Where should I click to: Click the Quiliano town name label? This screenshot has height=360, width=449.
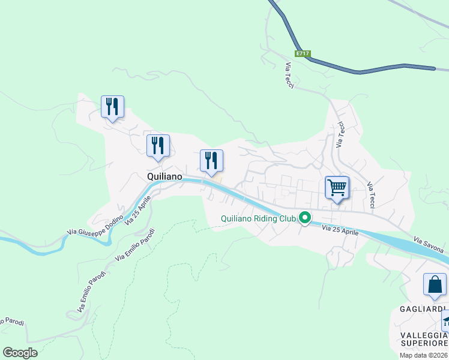pyautogui.click(x=164, y=176)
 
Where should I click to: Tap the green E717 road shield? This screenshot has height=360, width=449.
pyautogui.click(x=303, y=54)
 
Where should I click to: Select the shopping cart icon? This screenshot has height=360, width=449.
pyautogui.click(x=337, y=187)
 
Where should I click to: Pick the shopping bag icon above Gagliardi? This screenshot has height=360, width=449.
pyautogui.click(x=435, y=284)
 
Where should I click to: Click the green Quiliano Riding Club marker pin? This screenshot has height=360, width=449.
pyautogui.click(x=305, y=218)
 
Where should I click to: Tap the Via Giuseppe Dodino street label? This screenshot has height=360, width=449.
pyautogui.click(x=95, y=225)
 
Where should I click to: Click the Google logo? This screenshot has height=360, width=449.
pyautogui.click(x=20, y=353)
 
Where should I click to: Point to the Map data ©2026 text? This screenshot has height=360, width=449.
pyautogui.click(x=424, y=355)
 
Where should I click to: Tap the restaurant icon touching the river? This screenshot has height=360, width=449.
pyautogui.click(x=211, y=161)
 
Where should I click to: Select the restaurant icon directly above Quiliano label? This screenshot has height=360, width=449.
pyautogui.click(x=158, y=146)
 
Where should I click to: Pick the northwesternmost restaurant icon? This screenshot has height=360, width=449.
pyautogui.click(x=112, y=107)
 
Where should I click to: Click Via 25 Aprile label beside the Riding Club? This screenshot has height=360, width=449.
pyautogui.click(x=340, y=230)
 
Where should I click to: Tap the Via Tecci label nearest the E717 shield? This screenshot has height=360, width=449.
pyautogui.click(x=289, y=76)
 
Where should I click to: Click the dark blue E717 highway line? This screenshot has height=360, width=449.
pyautogui.click(x=360, y=72)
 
